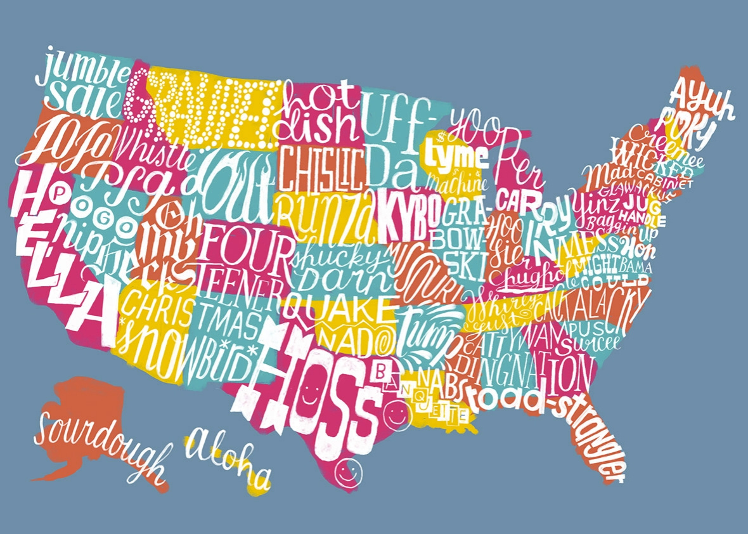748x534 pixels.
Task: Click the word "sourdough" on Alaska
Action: (101, 438)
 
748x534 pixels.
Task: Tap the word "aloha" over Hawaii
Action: (228, 453)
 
